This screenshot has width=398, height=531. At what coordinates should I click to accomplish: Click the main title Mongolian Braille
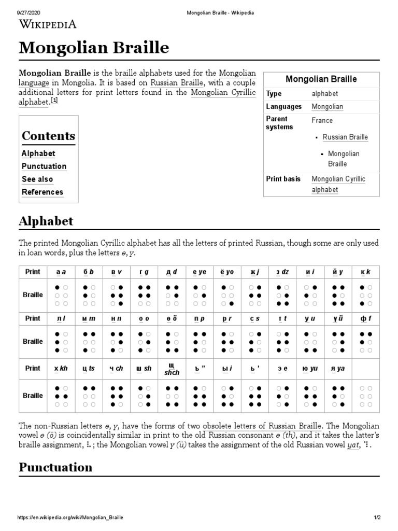(94, 48)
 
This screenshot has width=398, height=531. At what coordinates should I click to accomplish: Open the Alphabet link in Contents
(38, 153)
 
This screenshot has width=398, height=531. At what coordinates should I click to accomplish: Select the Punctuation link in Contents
(44, 166)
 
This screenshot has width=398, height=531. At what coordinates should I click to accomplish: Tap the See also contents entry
(37, 179)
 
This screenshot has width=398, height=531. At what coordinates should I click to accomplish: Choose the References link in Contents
(42, 192)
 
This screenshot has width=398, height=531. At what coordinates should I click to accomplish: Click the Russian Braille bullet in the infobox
(345, 137)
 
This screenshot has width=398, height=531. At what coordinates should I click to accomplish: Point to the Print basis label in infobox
(283, 179)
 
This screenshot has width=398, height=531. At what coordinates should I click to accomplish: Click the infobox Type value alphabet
(324, 94)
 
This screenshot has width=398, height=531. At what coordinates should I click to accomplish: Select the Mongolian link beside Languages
(327, 107)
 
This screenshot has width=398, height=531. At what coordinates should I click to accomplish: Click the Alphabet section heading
(46, 221)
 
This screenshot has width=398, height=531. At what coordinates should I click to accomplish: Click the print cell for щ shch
(172, 369)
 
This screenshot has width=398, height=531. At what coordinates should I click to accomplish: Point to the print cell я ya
(338, 369)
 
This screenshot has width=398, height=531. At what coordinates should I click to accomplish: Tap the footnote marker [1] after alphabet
(54, 101)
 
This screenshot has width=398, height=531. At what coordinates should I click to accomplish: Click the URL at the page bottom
(70, 518)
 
